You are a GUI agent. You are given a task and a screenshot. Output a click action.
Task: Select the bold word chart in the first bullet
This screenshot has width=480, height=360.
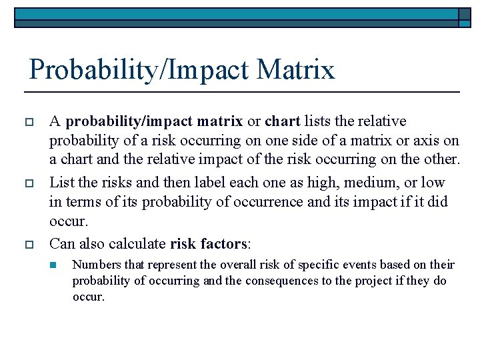[x=283, y=122]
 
